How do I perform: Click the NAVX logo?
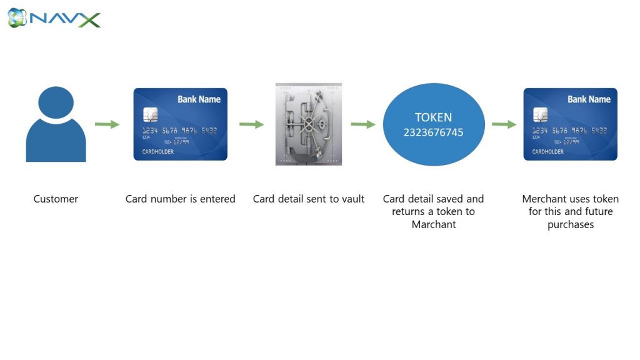click(x=54, y=18)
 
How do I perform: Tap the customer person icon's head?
click(x=56, y=102)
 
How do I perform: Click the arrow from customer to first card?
click(x=107, y=124)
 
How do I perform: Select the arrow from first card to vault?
click(x=251, y=124)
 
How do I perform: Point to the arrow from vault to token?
click(x=363, y=124)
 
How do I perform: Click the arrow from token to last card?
click(x=504, y=124)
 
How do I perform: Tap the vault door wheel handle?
click(x=309, y=123)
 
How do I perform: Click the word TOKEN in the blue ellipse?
click(x=434, y=117)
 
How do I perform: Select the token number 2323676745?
click(x=434, y=132)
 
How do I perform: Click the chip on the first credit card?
click(x=150, y=115)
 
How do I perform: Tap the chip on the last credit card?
click(x=541, y=115)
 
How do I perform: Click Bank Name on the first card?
click(x=199, y=99)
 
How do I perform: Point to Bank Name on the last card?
click(x=589, y=99)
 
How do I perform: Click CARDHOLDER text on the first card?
click(x=158, y=152)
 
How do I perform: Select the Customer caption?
click(x=56, y=199)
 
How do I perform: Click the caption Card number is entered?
click(x=181, y=199)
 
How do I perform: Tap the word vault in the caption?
click(x=352, y=199)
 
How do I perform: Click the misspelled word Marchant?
click(x=434, y=224)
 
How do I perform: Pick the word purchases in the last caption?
click(x=571, y=225)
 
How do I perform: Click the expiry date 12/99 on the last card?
click(x=571, y=142)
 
